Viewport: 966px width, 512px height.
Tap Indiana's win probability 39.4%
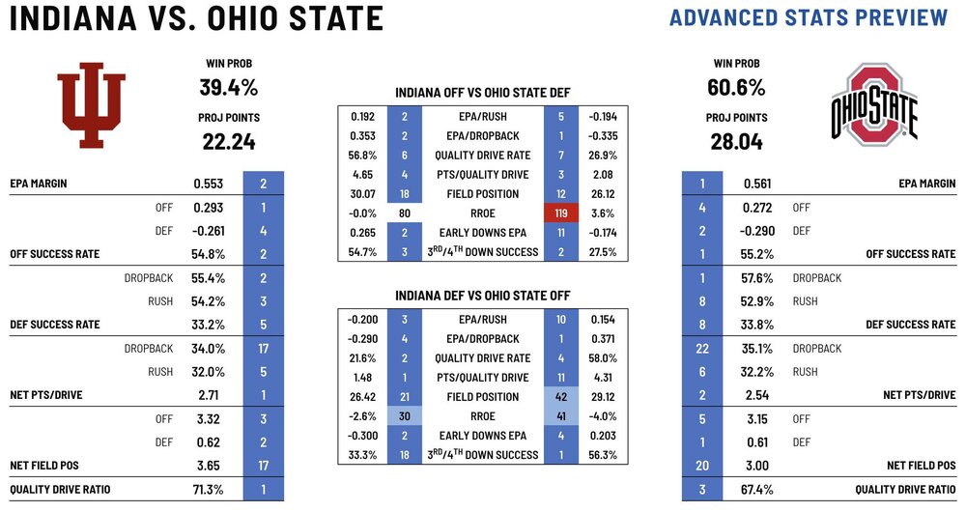coord(229,88)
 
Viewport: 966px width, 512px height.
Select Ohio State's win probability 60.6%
coord(737,88)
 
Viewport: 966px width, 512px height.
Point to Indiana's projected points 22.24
coord(228,142)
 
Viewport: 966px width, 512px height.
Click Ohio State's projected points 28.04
coord(737,142)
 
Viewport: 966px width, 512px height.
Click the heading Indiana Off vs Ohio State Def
coord(483,93)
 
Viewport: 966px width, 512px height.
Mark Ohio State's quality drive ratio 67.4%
coord(757,489)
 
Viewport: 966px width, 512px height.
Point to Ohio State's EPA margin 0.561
coord(756,184)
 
